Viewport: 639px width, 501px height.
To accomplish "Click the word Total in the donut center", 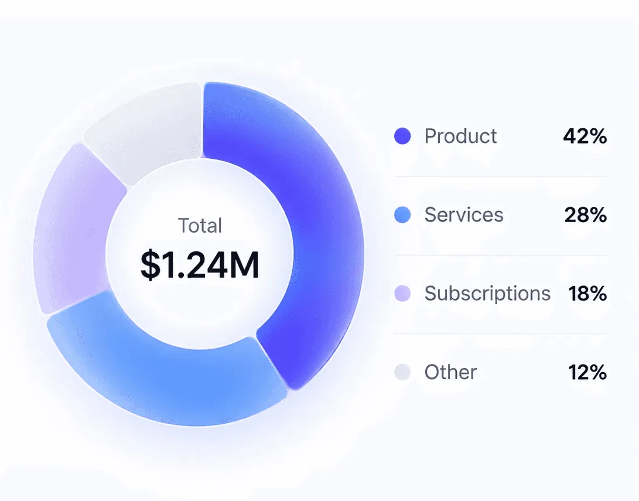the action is (200, 226).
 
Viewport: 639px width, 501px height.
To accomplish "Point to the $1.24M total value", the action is (200, 265).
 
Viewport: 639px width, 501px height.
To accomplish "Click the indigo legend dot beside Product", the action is (402, 136).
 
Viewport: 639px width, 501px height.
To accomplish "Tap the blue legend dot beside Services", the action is (402, 215).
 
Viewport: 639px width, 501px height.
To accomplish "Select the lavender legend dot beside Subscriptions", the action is (402, 294).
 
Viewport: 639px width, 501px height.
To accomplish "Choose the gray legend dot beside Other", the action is (402, 372).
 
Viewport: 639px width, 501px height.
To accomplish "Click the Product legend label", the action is (460, 136).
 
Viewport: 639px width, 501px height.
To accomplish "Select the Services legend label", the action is (464, 215).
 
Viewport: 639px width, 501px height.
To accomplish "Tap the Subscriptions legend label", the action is (487, 294).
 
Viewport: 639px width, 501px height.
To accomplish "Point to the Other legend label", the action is (451, 372).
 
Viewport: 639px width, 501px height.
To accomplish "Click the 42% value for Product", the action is (585, 136).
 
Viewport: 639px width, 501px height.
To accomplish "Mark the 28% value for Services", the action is (586, 215).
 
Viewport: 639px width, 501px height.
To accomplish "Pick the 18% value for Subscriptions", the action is (587, 294).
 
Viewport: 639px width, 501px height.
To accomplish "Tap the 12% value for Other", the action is (587, 372).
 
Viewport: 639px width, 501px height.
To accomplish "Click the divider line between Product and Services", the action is (500, 176).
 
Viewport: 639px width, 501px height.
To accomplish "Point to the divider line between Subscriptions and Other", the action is (500, 334).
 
